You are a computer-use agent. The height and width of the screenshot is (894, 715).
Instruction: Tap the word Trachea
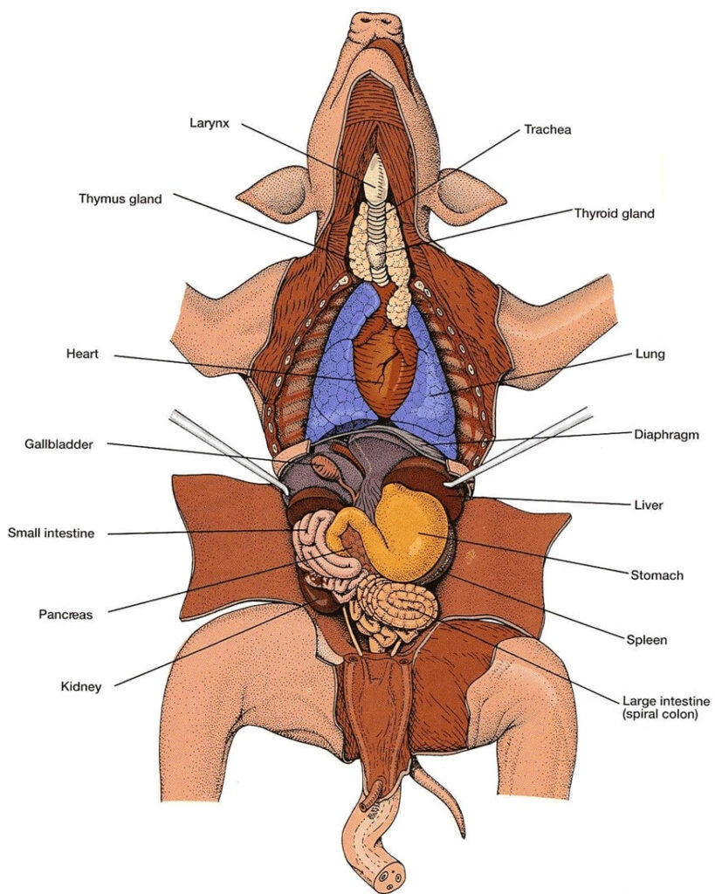[x=547, y=130]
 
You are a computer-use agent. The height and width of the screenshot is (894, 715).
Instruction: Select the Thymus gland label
[x=120, y=199]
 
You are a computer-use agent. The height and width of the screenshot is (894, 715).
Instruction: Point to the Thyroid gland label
[x=614, y=213]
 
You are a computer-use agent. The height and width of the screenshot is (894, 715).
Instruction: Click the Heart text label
[x=83, y=354]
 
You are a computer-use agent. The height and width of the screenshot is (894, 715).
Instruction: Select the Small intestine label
[x=51, y=532]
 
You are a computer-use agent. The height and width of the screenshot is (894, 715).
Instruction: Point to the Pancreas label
[x=65, y=614]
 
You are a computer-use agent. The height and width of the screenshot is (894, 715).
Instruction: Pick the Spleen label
[x=647, y=640]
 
